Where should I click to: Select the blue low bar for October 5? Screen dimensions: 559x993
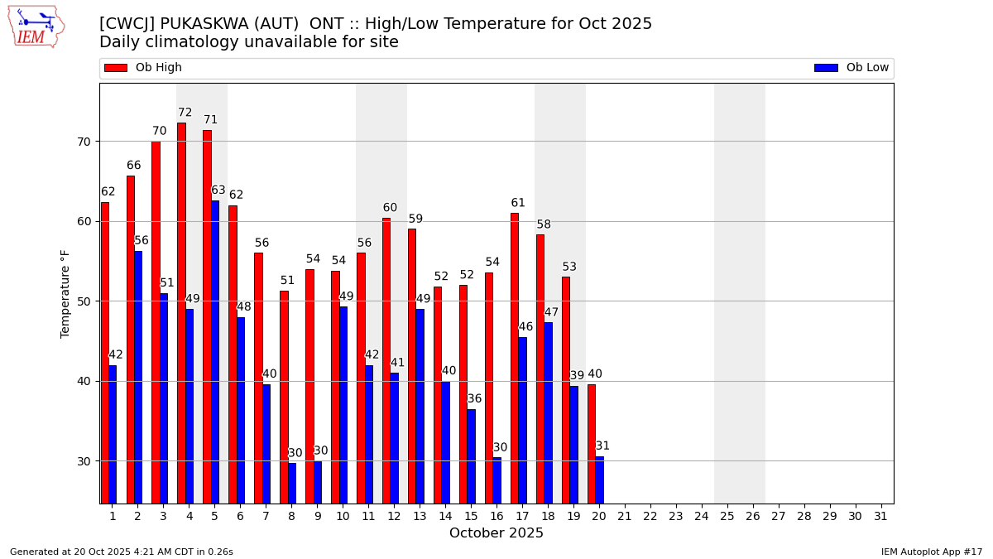tap(215, 352)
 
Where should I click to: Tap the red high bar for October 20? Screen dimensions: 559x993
tap(591, 444)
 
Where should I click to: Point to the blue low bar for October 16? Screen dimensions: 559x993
tap(496, 480)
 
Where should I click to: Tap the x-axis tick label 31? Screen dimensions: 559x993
tap(880, 516)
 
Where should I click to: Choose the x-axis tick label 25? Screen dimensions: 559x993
tap(727, 516)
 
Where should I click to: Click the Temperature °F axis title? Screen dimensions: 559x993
tap(65, 293)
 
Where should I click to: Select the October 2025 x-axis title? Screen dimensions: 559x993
tap(496, 533)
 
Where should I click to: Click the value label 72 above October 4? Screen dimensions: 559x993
tap(185, 113)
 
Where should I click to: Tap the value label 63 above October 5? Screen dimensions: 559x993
tap(218, 190)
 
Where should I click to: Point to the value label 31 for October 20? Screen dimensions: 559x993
tap(602, 446)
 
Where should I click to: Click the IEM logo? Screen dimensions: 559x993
tap(36, 26)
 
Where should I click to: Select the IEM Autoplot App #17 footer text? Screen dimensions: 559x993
tap(931, 552)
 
